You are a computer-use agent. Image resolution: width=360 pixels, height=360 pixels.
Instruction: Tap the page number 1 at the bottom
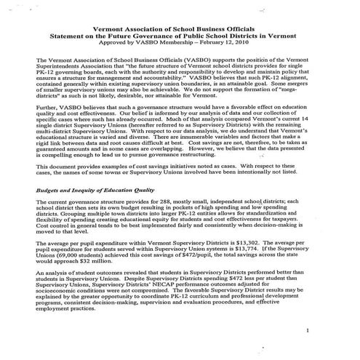click(309, 330)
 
